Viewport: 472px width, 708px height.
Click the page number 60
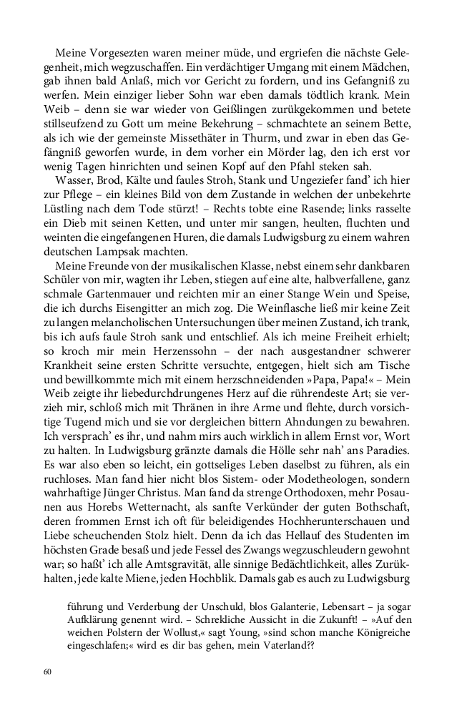tap(48, 672)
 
